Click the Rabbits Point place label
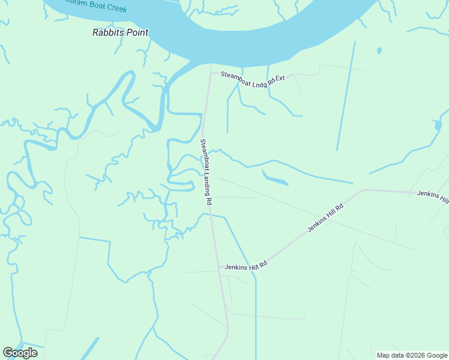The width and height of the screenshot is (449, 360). (120, 32)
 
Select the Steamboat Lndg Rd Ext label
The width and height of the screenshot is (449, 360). (252, 77)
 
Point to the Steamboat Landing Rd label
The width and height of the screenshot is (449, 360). (206, 172)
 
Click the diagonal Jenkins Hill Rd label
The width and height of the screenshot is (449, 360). (325, 218)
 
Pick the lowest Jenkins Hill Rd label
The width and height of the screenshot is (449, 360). (245, 266)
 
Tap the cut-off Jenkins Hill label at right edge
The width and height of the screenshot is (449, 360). (432, 197)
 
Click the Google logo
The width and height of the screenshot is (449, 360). (20, 353)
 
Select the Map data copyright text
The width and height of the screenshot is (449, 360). (412, 355)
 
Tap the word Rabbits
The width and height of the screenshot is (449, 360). (105, 32)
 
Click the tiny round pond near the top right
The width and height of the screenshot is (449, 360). (379, 50)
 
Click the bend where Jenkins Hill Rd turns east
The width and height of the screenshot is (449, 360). (363, 191)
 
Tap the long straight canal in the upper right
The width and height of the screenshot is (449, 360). (346, 96)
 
